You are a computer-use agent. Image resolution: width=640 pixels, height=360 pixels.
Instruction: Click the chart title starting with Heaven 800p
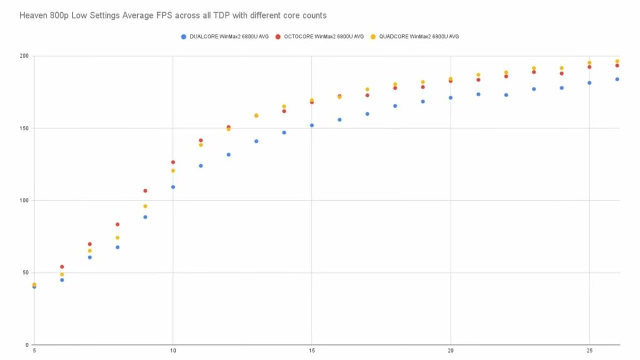click(x=173, y=15)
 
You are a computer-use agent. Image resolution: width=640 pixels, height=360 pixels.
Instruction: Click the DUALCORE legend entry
click(x=225, y=37)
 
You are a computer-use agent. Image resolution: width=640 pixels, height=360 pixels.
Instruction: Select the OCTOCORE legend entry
click(x=319, y=37)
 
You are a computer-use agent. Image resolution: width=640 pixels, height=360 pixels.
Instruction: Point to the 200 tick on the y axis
click(x=23, y=56)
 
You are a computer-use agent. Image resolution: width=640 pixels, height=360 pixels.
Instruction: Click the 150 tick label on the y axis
click(x=23, y=128)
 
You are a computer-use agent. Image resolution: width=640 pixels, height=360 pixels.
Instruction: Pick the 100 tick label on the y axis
click(x=23, y=201)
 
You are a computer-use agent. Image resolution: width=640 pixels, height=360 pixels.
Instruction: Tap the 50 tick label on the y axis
click(x=25, y=273)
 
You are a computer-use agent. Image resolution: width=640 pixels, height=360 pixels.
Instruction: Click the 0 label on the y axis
click(x=27, y=345)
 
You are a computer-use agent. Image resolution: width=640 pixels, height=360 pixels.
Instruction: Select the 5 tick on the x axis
click(x=34, y=351)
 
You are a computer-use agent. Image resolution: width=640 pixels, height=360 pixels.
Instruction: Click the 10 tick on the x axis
click(x=173, y=351)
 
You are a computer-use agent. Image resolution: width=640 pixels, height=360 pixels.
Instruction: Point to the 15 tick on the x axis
click(x=311, y=351)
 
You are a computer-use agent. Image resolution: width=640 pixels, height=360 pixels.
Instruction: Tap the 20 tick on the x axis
click(x=451, y=351)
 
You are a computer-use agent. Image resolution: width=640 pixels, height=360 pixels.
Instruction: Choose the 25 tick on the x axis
click(x=589, y=351)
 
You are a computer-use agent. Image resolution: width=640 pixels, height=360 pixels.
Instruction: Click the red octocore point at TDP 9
click(x=145, y=190)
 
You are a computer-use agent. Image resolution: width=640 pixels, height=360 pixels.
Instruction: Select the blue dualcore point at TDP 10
click(x=173, y=187)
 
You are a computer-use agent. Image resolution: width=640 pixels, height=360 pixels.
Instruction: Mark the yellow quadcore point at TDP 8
click(x=117, y=237)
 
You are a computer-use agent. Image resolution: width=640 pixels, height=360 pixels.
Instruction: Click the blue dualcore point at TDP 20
click(x=451, y=98)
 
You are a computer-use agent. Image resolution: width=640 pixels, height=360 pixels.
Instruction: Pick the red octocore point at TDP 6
click(x=62, y=267)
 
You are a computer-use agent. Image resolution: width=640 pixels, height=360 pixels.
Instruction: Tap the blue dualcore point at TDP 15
click(x=311, y=125)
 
